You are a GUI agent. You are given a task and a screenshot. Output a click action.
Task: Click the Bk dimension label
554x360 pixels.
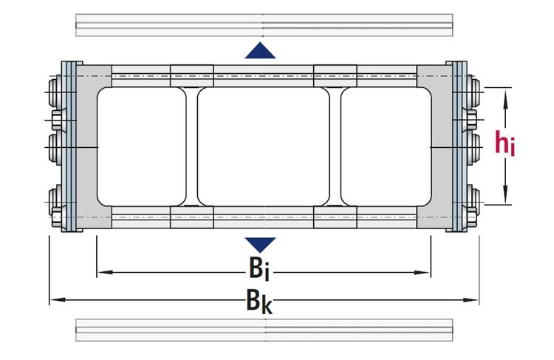[260, 301]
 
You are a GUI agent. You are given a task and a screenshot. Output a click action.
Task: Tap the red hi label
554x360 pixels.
[505, 143]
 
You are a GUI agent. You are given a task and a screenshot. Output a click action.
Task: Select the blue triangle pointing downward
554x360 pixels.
[260, 244]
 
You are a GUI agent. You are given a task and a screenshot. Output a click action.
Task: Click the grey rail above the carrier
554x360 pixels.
[264, 24]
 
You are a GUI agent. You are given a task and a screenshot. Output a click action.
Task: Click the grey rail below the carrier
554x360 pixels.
[264, 330]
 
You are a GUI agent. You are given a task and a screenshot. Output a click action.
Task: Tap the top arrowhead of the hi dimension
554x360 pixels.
[506, 93]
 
